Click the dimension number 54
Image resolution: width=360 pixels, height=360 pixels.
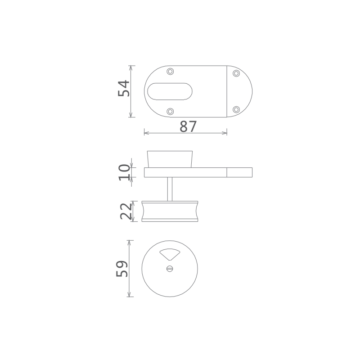click(x=124, y=88)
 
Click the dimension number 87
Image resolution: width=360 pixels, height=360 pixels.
click(x=188, y=126)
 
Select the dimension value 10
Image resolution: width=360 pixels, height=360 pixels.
click(x=124, y=172)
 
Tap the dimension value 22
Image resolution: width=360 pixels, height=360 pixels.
click(x=126, y=211)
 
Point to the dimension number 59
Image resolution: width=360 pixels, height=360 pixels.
click(x=122, y=269)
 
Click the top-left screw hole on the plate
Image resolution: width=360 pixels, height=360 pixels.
click(x=170, y=72)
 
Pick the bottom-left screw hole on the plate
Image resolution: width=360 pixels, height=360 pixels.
click(x=170, y=112)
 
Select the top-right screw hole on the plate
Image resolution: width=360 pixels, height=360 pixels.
click(x=236, y=73)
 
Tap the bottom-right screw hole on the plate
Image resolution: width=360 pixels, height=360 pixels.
click(x=236, y=109)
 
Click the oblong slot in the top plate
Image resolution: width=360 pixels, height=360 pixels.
click(x=170, y=91)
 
